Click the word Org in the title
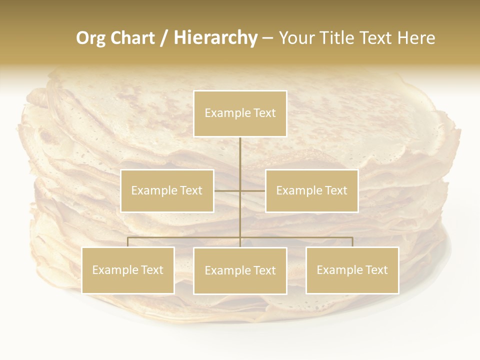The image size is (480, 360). pos(90,38)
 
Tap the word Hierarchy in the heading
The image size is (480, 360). pos(215,38)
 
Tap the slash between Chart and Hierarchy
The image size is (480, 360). pos(164,38)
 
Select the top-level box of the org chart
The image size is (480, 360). pos(240,113)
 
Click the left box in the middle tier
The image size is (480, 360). pos(167,190)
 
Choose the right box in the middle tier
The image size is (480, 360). pos(311,190)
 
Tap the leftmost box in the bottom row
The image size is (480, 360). pos(128,270)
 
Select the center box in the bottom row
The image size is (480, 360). pos(240,270)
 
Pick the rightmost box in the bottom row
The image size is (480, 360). pos(352,270)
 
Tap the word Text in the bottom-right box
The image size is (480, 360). pos(375,270)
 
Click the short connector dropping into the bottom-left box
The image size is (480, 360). pos(128,242)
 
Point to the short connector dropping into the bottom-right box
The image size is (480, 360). pos(352,242)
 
